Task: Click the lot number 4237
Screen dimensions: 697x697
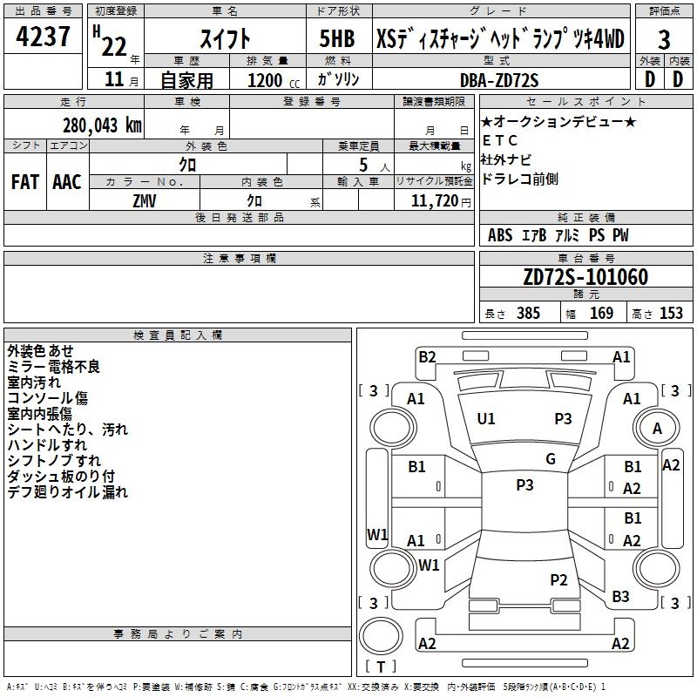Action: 44,38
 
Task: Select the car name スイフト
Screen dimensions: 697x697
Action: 226,39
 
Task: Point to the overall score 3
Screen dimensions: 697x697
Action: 664,40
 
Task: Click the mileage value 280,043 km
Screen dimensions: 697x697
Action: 102,125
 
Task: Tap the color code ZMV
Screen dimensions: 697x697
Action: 144,200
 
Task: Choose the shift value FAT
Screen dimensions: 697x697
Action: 24,182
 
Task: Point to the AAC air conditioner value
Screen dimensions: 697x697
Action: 67,182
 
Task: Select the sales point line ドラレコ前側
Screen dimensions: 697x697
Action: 520,179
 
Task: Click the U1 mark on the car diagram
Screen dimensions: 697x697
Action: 486,418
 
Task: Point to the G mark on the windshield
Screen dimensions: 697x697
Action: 551,459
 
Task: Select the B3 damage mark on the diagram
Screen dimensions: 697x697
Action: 620,597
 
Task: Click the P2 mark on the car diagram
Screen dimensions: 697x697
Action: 558,580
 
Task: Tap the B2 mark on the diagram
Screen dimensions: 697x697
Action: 427,356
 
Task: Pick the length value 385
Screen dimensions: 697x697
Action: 525,314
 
